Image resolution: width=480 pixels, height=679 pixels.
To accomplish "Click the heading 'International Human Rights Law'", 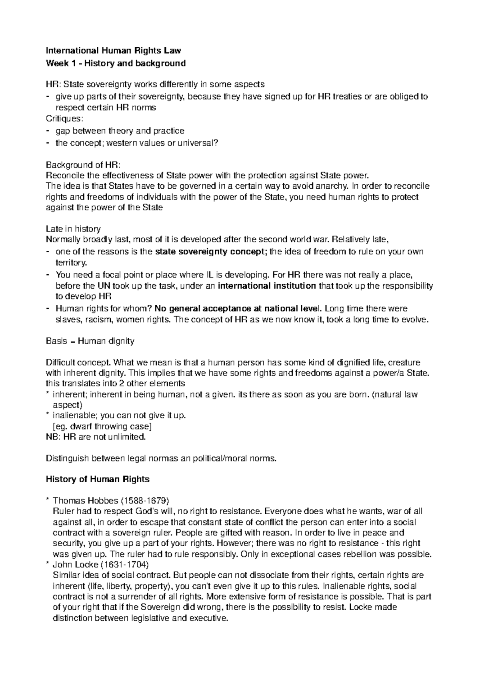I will [x=114, y=51].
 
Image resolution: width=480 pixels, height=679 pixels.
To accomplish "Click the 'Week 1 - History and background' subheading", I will [x=116, y=63].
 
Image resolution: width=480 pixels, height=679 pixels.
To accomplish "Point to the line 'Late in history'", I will [x=73, y=229].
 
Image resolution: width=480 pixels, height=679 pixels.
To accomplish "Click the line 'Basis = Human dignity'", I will [x=90, y=341].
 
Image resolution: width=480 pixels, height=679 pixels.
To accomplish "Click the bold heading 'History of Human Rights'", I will [x=98, y=479].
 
